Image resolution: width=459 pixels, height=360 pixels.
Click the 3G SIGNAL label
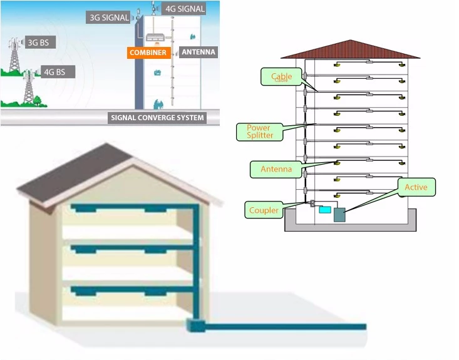click(108, 18)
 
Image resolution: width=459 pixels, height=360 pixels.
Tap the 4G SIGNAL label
click(183, 9)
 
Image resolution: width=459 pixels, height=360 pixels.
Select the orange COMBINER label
click(148, 53)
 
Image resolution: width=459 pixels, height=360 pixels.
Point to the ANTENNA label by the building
click(198, 52)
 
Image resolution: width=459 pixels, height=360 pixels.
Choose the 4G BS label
click(56, 72)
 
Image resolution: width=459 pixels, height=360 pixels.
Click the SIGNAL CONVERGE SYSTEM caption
click(157, 117)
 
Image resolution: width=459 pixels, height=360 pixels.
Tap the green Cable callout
click(281, 76)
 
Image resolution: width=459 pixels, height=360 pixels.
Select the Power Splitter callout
click(259, 131)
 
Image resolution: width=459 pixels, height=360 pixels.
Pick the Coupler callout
click(264, 210)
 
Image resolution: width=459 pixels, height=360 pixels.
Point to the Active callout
click(416, 187)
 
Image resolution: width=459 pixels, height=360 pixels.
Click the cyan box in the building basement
click(324, 209)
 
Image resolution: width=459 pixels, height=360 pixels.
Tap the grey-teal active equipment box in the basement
click(339, 213)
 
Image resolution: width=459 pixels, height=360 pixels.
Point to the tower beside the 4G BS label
click(28, 86)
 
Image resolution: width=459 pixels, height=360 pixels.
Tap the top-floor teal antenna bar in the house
click(125, 208)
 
